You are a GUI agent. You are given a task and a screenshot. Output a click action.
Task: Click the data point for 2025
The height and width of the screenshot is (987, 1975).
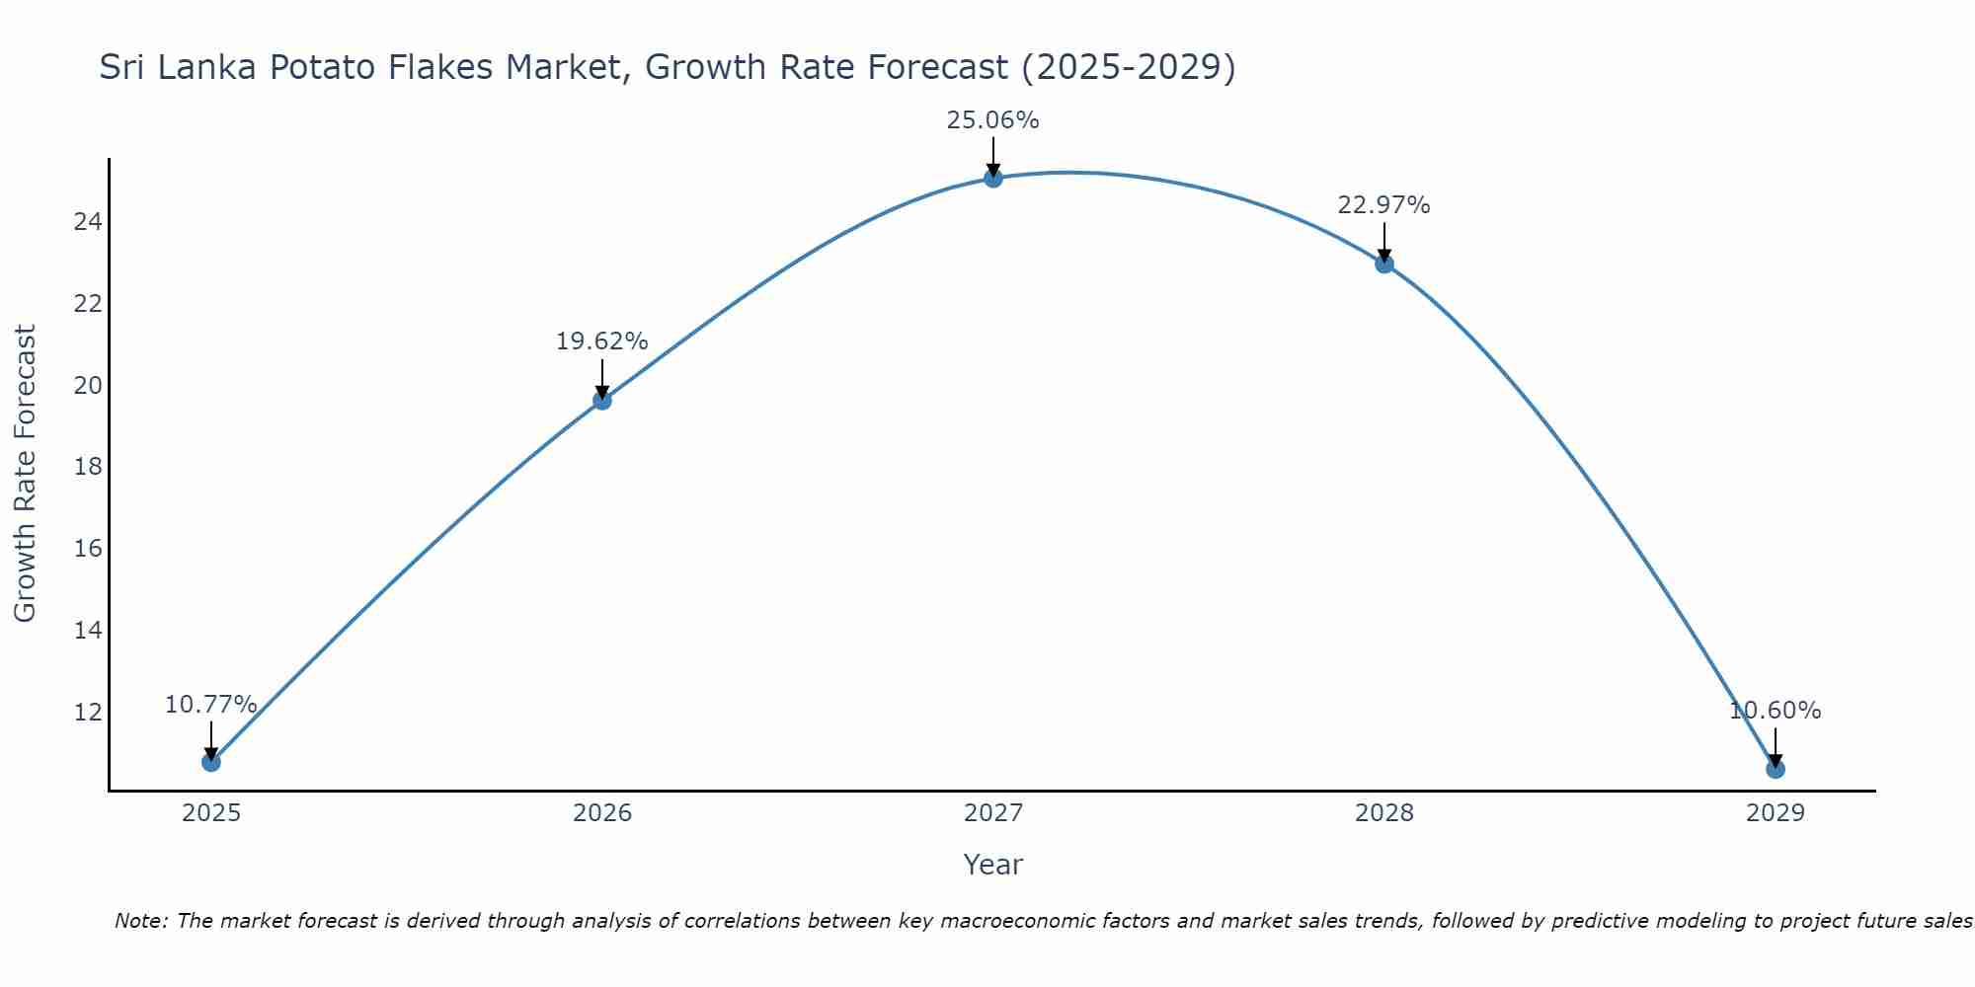tap(210, 762)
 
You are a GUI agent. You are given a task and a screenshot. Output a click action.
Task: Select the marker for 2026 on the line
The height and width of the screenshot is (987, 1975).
tap(601, 400)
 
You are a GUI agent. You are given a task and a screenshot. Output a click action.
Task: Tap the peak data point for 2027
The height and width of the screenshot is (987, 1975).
tap(992, 178)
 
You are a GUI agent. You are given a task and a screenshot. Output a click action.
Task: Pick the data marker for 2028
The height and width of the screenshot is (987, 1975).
tap(1383, 264)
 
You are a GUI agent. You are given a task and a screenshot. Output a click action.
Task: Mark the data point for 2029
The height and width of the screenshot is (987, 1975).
tap(1775, 769)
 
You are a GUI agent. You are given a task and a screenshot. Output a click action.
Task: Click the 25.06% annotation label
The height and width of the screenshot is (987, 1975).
tap(992, 120)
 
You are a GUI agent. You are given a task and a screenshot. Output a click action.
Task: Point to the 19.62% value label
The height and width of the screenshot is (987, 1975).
tap(601, 342)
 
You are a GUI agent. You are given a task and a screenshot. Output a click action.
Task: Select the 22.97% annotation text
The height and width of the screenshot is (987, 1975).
tap(1383, 205)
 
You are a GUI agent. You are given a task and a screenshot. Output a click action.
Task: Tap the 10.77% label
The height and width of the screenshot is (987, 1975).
tap(210, 705)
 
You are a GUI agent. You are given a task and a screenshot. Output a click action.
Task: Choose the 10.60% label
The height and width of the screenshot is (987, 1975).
tap(1775, 711)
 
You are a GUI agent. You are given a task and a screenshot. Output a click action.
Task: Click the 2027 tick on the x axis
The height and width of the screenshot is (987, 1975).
tap(992, 813)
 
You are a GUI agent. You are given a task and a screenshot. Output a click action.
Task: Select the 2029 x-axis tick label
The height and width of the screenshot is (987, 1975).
tap(1775, 813)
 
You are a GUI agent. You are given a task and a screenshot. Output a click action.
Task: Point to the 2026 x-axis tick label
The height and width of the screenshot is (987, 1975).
tap(601, 813)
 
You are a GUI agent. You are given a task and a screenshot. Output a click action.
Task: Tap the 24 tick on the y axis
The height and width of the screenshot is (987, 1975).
tap(88, 221)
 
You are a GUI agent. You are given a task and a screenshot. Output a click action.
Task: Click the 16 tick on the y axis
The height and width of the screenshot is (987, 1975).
tap(88, 548)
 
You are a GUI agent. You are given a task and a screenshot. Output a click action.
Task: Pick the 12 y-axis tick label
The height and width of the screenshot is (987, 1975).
tap(88, 712)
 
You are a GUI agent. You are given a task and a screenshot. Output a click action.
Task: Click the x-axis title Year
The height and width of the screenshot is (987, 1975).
tap(992, 865)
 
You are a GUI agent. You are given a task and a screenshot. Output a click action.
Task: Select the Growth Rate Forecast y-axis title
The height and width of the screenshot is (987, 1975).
tap(26, 474)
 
